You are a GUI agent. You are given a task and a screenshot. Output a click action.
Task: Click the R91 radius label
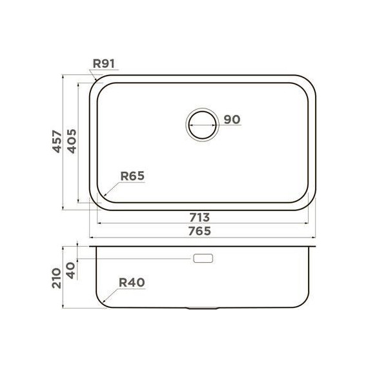[103, 64]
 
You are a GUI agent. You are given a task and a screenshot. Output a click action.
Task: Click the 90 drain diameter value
[232, 119]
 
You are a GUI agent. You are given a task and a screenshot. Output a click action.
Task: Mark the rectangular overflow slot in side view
[203, 258]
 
